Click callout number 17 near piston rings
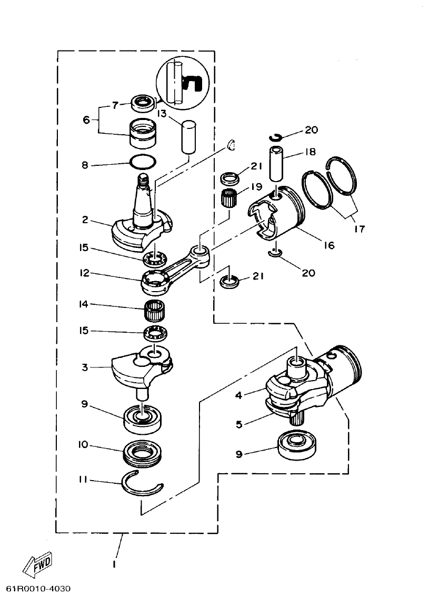click(360, 229)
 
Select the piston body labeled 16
click(276, 215)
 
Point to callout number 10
click(83, 445)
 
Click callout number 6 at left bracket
click(86, 120)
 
